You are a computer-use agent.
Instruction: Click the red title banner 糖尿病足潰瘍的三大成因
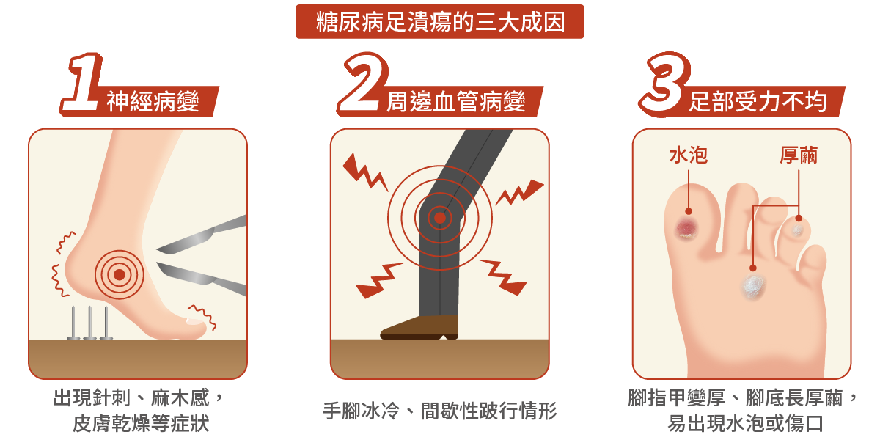point(440,22)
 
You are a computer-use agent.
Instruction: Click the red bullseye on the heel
point(119,274)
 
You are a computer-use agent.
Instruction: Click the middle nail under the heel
point(90,323)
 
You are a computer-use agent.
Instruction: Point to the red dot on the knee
point(439,218)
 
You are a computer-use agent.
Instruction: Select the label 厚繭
point(799,155)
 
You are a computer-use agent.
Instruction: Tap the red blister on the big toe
point(687,228)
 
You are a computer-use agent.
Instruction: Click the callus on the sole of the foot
point(752,285)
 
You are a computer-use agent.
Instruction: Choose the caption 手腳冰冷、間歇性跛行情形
point(440,410)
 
